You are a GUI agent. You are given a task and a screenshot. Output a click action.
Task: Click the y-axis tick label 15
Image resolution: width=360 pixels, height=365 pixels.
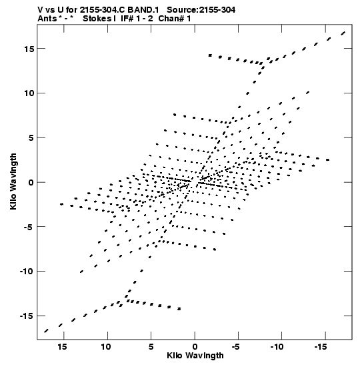pos(29,49)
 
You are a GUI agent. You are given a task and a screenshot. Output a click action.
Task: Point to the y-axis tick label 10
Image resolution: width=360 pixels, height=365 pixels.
pos(29,93)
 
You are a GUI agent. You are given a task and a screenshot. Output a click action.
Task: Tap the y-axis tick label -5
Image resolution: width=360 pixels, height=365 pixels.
pos(29,227)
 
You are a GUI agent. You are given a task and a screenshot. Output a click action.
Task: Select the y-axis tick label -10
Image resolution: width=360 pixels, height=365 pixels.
pos(27,271)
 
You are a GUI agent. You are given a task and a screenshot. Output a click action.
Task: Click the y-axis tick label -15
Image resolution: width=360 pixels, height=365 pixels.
pos(27,316)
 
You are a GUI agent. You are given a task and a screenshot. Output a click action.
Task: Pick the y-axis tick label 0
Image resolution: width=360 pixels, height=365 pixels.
pos(31,182)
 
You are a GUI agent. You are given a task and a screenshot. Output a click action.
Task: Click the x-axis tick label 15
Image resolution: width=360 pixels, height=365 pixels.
pos(63,347)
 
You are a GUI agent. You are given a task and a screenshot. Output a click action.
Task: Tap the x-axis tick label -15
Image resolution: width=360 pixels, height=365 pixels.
pos(321,347)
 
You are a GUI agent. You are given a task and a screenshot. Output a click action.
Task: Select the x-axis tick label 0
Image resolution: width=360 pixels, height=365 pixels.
pos(195,347)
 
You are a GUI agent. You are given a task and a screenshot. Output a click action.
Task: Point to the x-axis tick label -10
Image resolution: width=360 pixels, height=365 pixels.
pos(277,347)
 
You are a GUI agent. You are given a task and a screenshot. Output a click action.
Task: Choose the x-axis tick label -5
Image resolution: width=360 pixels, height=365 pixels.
pos(235,347)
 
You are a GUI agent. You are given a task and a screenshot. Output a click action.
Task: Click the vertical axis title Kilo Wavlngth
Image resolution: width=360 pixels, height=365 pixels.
pos(13,181)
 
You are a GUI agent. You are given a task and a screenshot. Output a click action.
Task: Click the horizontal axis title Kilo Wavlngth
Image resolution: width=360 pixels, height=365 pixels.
pos(195,356)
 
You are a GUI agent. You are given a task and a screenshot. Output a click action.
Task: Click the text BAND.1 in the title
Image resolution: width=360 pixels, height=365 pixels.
pos(143,10)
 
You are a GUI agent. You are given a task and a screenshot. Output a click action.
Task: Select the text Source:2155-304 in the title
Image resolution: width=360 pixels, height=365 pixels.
pos(201,10)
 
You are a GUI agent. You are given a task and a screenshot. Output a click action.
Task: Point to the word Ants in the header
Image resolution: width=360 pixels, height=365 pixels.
pos(47,19)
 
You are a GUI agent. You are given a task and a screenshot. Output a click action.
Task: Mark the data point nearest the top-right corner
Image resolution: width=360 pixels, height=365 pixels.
pos(343,33)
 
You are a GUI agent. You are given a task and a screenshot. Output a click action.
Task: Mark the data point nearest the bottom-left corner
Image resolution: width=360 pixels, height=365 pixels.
pos(46,331)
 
